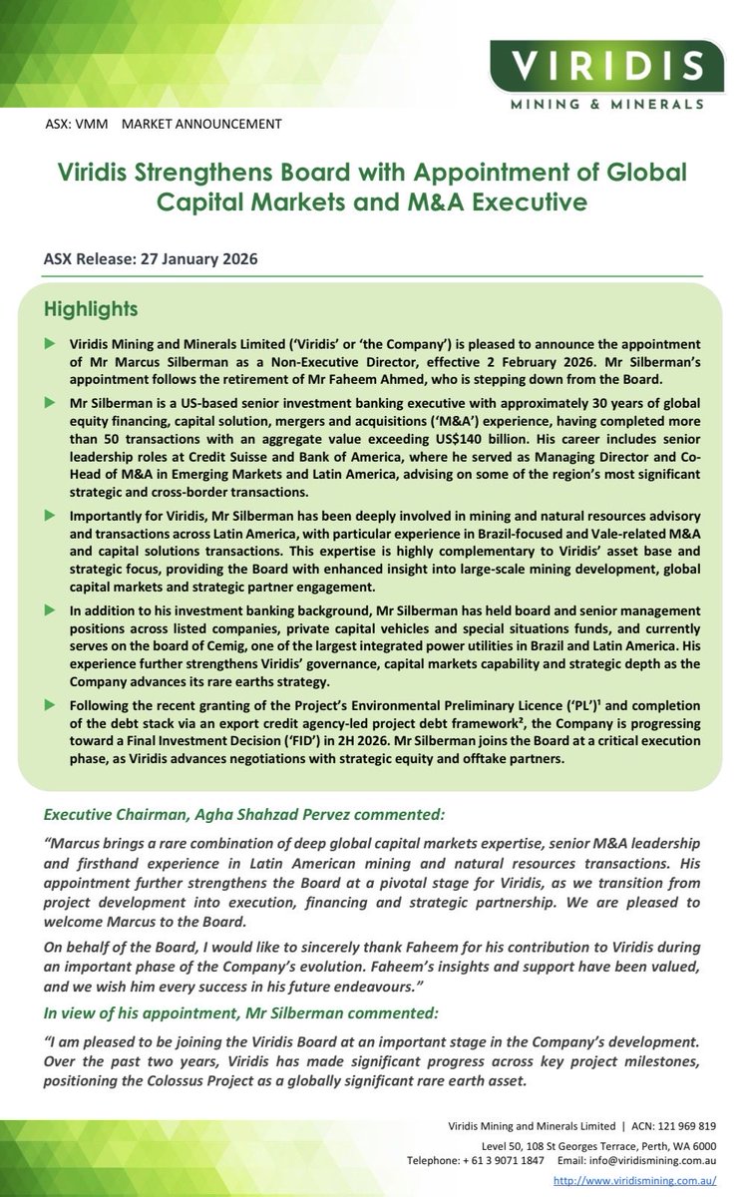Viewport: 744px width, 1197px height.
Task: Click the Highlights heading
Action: pyautogui.click(x=97, y=301)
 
